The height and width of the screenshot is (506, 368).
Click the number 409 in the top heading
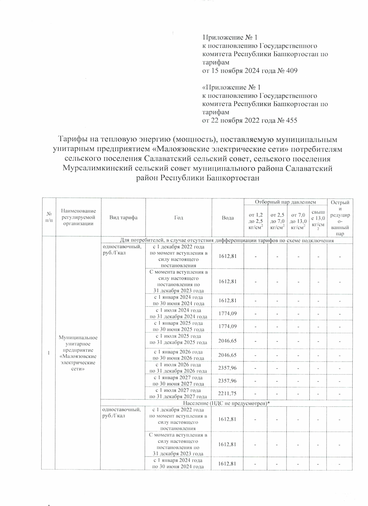[x=291, y=71]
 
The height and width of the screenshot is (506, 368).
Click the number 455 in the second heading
[x=291, y=121]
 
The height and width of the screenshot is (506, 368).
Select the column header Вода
[x=228, y=218]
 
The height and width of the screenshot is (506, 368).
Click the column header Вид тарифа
[x=123, y=218]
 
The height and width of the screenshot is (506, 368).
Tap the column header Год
[x=178, y=218]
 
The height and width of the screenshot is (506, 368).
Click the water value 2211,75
[x=227, y=393]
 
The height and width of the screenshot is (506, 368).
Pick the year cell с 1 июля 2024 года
[x=178, y=313]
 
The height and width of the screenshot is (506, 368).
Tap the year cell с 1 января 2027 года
[x=178, y=381]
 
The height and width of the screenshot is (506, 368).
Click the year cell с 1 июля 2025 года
[x=178, y=339]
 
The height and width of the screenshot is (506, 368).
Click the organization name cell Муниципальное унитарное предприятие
[x=78, y=353]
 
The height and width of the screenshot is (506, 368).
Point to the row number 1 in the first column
[x=48, y=353]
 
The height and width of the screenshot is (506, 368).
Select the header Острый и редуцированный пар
[x=340, y=218]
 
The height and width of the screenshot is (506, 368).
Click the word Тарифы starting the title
[x=72, y=140]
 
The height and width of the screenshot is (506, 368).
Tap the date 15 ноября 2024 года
[x=237, y=71]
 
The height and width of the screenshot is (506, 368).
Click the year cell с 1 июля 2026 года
[x=178, y=368]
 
